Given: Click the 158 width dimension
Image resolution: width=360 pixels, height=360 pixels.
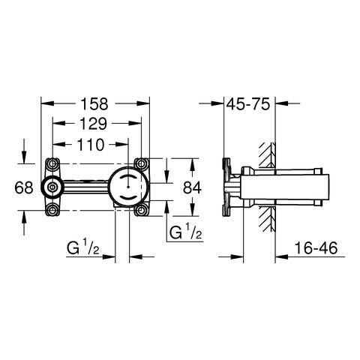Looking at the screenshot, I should (95, 103).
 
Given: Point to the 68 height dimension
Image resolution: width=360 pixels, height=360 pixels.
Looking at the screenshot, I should (23, 187).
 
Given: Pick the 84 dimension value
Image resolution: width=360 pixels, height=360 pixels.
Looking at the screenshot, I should (193, 187).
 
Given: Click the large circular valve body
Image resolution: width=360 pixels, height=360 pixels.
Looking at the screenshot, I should (128, 187).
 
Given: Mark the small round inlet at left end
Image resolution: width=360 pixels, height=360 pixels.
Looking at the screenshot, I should (54, 187).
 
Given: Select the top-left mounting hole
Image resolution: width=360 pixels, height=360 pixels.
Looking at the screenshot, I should (52, 163).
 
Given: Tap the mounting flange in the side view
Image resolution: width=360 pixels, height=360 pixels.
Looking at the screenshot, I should (229, 187).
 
